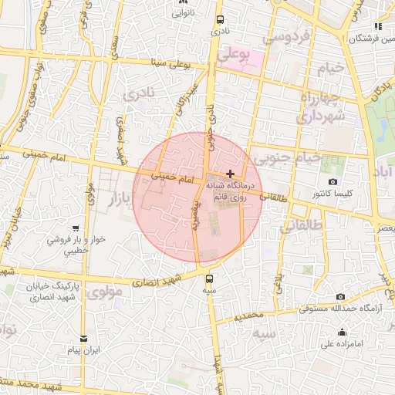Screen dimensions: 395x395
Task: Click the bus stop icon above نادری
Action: pyautogui.click(x=221, y=20)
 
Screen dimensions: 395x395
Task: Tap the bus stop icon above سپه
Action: pyautogui.click(x=209, y=279)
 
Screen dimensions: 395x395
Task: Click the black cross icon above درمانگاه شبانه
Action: pyautogui.click(x=230, y=174)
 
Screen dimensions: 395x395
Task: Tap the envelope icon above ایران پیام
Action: pyautogui.click(x=83, y=338)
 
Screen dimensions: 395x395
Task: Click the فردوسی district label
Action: pyautogui.click(x=285, y=36)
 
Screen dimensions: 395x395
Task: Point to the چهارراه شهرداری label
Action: pyautogui.click(x=316, y=108)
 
